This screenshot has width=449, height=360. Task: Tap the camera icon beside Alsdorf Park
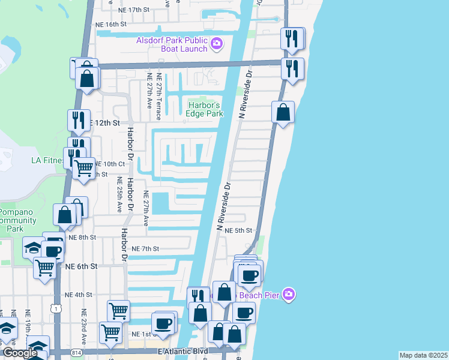217,43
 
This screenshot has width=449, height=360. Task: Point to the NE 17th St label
133,10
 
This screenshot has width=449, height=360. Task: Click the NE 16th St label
111,25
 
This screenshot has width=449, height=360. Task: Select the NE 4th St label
79,295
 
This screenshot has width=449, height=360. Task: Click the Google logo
19,353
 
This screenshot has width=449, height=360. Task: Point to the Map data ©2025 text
423,355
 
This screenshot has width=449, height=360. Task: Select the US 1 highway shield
56,308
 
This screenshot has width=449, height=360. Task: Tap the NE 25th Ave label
119,196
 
